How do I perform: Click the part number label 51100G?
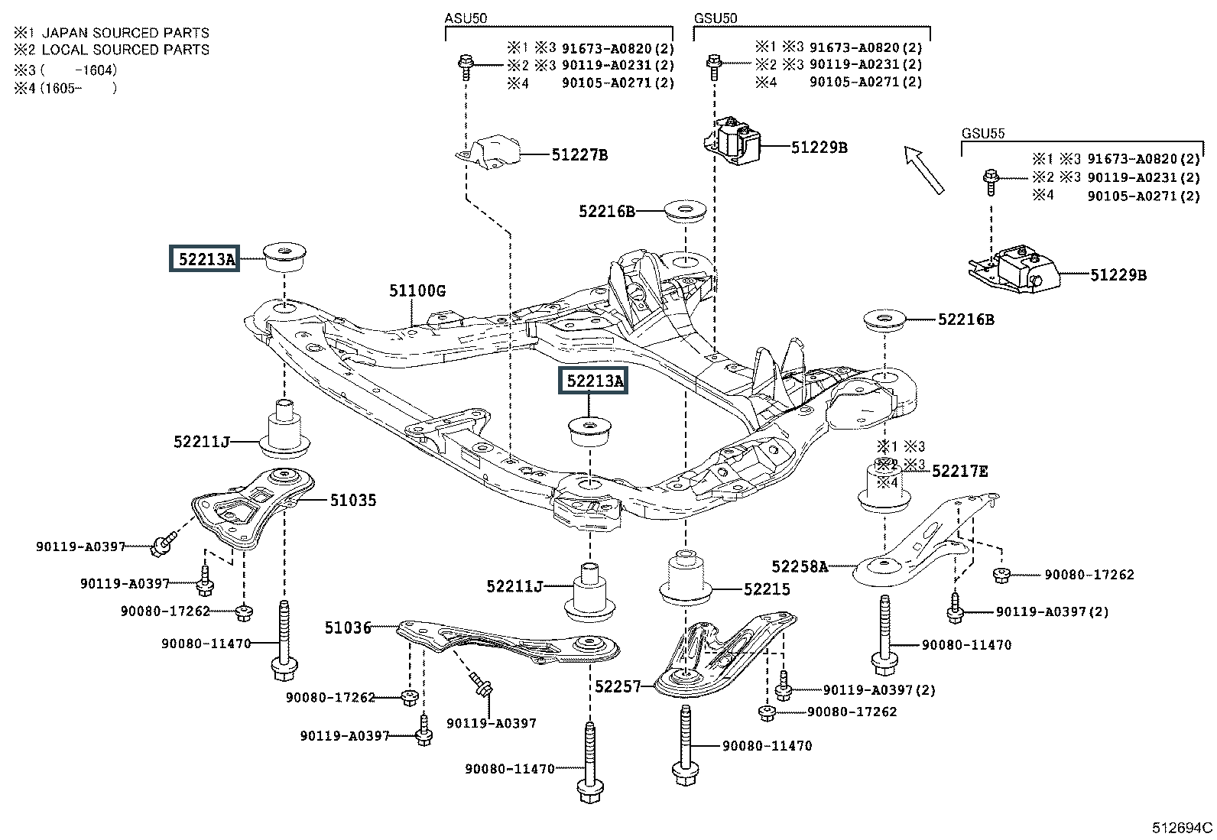click(417, 291)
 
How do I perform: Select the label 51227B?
click(579, 155)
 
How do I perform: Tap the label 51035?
click(352, 501)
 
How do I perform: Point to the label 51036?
click(348, 628)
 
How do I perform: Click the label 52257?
click(618, 687)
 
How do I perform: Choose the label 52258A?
click(800, 566)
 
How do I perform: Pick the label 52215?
click(767, 589)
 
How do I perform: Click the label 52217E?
click(959, 472)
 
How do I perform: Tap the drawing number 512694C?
click(1183, 827)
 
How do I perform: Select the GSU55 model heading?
click(983, 134)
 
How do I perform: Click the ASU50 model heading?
click(466, 18)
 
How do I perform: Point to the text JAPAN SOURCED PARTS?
click(125, 33)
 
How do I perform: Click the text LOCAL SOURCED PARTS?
click(125, 50)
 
